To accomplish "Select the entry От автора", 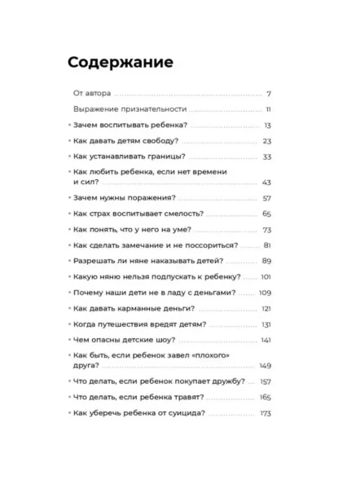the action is tap(91, 94).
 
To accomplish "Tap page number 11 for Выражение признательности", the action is tap(268, 109).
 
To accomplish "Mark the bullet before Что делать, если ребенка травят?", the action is tap(67, 398).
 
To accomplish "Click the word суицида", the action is tap(184, 413).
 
